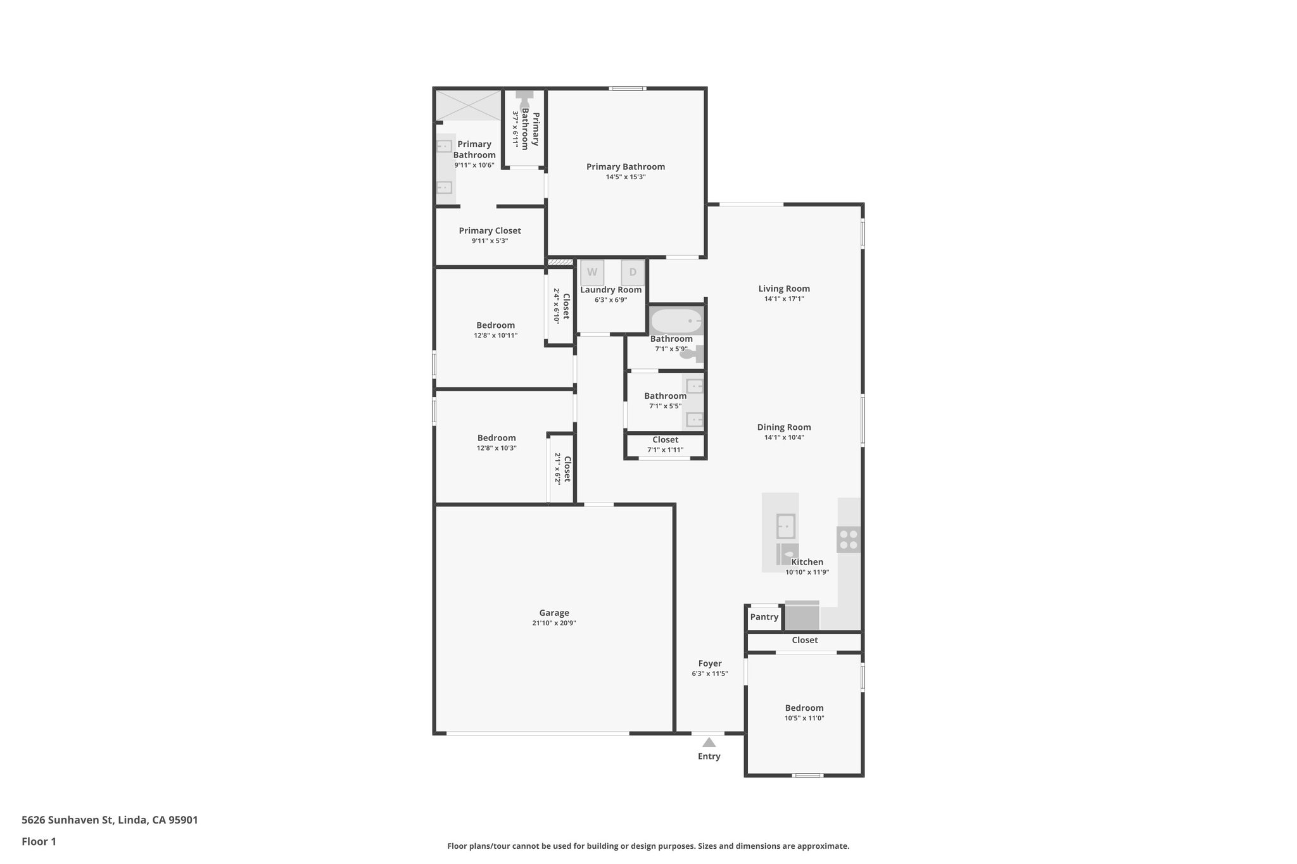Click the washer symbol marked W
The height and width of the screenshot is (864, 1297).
point(592,272)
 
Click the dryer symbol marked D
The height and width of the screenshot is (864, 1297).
point(633,272)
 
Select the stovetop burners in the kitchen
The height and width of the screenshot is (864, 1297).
point(849,539)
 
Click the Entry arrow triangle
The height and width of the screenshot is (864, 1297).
point(709,742)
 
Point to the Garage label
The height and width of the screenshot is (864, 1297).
point(554,613)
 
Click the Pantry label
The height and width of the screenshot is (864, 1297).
point(764,617)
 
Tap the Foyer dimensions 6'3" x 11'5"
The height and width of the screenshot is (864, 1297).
point(710,674)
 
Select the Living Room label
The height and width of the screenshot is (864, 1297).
point(784,289)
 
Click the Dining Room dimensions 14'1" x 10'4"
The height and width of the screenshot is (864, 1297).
point(784,437)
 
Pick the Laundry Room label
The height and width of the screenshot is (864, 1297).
point(611,290)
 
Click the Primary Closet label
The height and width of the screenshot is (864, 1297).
point(490,230)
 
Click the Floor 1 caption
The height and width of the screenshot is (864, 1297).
point(39,842)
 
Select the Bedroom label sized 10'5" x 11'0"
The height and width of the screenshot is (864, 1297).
point(804,708)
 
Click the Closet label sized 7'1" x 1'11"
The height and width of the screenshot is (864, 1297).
point(665,440)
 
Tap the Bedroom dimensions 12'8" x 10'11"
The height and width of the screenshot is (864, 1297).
point(495,335)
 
